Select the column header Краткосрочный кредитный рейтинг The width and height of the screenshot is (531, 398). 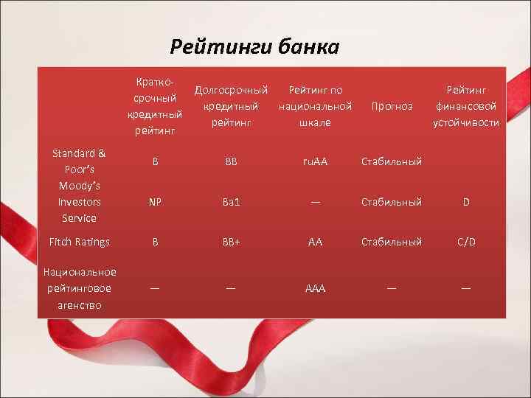point(154,105)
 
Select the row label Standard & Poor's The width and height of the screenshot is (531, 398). point(79,161)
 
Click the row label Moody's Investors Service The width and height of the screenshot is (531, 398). point(79,201)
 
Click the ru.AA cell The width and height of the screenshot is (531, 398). point(315,161)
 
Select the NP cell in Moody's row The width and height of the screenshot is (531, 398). point(155,201)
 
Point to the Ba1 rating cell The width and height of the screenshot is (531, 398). point(230,201)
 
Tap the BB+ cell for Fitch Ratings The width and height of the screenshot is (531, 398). point(230,242)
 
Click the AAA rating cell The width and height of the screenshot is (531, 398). point(315,288)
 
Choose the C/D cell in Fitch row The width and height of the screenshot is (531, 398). point(466,242)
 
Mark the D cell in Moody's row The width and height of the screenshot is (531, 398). point(466,201)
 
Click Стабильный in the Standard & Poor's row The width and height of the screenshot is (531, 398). point(392,161)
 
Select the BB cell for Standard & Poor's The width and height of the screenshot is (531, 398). point(230,161)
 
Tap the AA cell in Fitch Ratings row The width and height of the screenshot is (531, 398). point(315,242)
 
